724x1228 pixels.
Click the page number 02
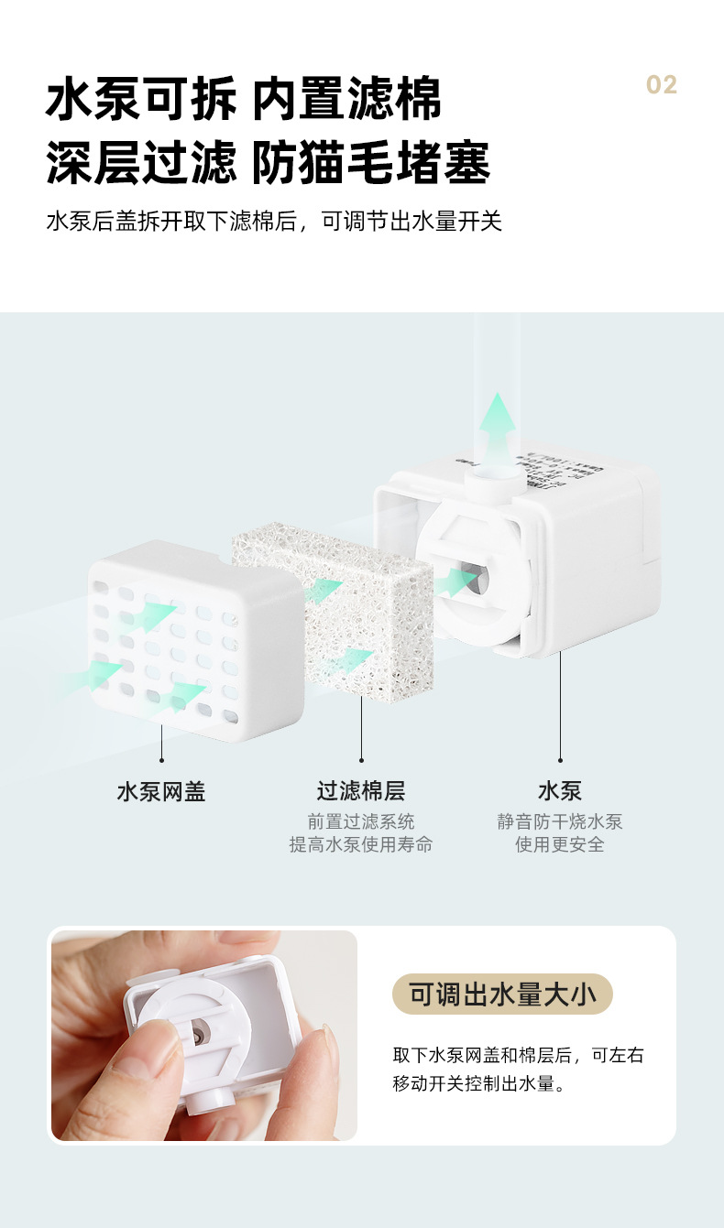pos(661,85)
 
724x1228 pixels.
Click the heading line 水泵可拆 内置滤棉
pos(244,99)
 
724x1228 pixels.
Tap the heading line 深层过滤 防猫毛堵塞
pos(269,162)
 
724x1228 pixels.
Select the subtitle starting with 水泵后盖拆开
pos(274,222)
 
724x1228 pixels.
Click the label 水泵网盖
pos(161,791)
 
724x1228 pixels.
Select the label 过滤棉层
pos(361,791)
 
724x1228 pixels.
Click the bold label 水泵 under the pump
pos(560,791)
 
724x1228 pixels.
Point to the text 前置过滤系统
pos(361,821)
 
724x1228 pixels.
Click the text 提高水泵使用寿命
pos(361,844)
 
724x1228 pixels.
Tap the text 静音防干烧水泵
pos(560,821)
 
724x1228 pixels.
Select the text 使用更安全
pos(560,844)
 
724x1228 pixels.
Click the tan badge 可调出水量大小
pos(502,994)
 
